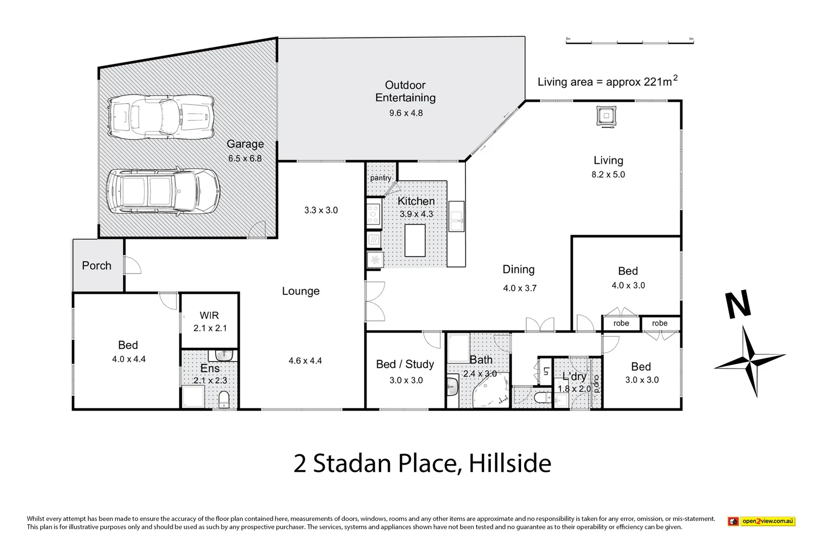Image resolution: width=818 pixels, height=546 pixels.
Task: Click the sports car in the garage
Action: (x=162, y=118)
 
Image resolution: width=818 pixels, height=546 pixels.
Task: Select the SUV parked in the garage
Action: (x=163, y=192)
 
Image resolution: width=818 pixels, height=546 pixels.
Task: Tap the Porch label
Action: (x=96, y=265)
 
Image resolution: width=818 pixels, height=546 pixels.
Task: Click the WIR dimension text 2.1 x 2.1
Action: (x=210, y=328)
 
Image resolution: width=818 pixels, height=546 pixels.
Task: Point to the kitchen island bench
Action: (x=415, y=240)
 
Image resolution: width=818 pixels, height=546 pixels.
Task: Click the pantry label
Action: (x=380, y=178)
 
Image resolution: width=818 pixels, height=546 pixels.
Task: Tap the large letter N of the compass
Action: (x=738, y=305)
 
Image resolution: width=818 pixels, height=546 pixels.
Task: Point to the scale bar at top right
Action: (x=629, y=41)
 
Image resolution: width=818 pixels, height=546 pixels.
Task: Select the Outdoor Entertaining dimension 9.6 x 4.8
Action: (x=405, y=113)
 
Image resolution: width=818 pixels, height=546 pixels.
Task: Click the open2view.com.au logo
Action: (x=761, y=521)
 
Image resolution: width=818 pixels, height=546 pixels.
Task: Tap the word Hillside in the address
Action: (x=510, y=463)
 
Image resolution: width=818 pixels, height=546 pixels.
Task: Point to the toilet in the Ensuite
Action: (x=224, y=400)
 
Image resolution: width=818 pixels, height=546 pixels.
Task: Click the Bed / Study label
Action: (x=405, y=364)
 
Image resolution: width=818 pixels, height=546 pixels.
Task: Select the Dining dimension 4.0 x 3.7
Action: (x=520, y=288)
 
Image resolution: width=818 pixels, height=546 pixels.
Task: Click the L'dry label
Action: (x=574, y=377)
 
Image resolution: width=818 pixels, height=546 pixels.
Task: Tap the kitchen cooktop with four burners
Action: (x=373, y=214)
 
